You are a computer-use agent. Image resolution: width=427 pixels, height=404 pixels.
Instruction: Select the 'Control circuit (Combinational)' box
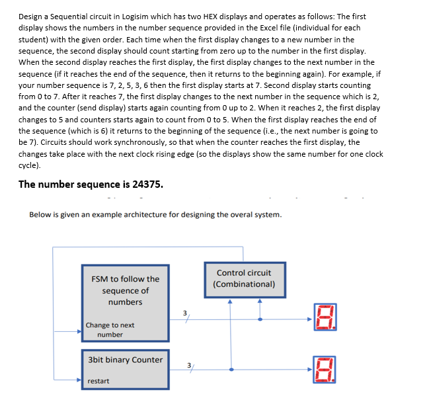[243, 278]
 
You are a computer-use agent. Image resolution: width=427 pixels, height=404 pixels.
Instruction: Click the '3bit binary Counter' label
[125, 360]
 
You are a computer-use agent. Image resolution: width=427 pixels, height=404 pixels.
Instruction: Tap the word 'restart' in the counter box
[99, 381]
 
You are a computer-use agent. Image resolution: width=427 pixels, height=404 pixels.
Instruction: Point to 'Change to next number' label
[110, 329]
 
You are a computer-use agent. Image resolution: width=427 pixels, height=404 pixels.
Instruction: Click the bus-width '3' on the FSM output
[186, 312]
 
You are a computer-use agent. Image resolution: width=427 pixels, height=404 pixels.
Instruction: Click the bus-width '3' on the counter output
[189, 365]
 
